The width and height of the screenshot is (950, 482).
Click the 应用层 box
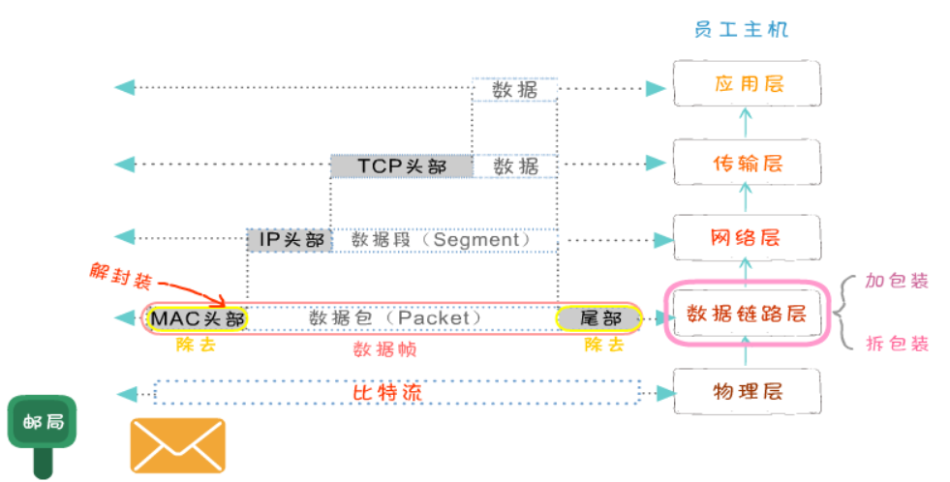(746, 84)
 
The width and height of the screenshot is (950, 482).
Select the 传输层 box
(746, 163)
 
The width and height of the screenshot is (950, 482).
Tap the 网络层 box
(746, 238)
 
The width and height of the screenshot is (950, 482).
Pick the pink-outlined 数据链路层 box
(746, 314)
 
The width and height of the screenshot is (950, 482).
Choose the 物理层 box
(746, 392)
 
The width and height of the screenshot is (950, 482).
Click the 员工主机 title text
(741, 29)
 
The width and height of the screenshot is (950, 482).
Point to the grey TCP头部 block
(402, 166)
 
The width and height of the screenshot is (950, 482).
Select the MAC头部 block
(198, 317)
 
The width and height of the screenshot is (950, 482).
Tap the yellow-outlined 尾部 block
(598, 317)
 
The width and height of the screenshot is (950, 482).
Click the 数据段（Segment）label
(441, 239)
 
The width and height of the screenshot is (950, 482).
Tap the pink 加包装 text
(897, 282)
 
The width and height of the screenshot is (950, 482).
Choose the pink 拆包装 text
(897, 344)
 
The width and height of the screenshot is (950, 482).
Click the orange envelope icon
(178, 445)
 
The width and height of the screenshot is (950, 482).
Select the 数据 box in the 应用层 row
(515, 89)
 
